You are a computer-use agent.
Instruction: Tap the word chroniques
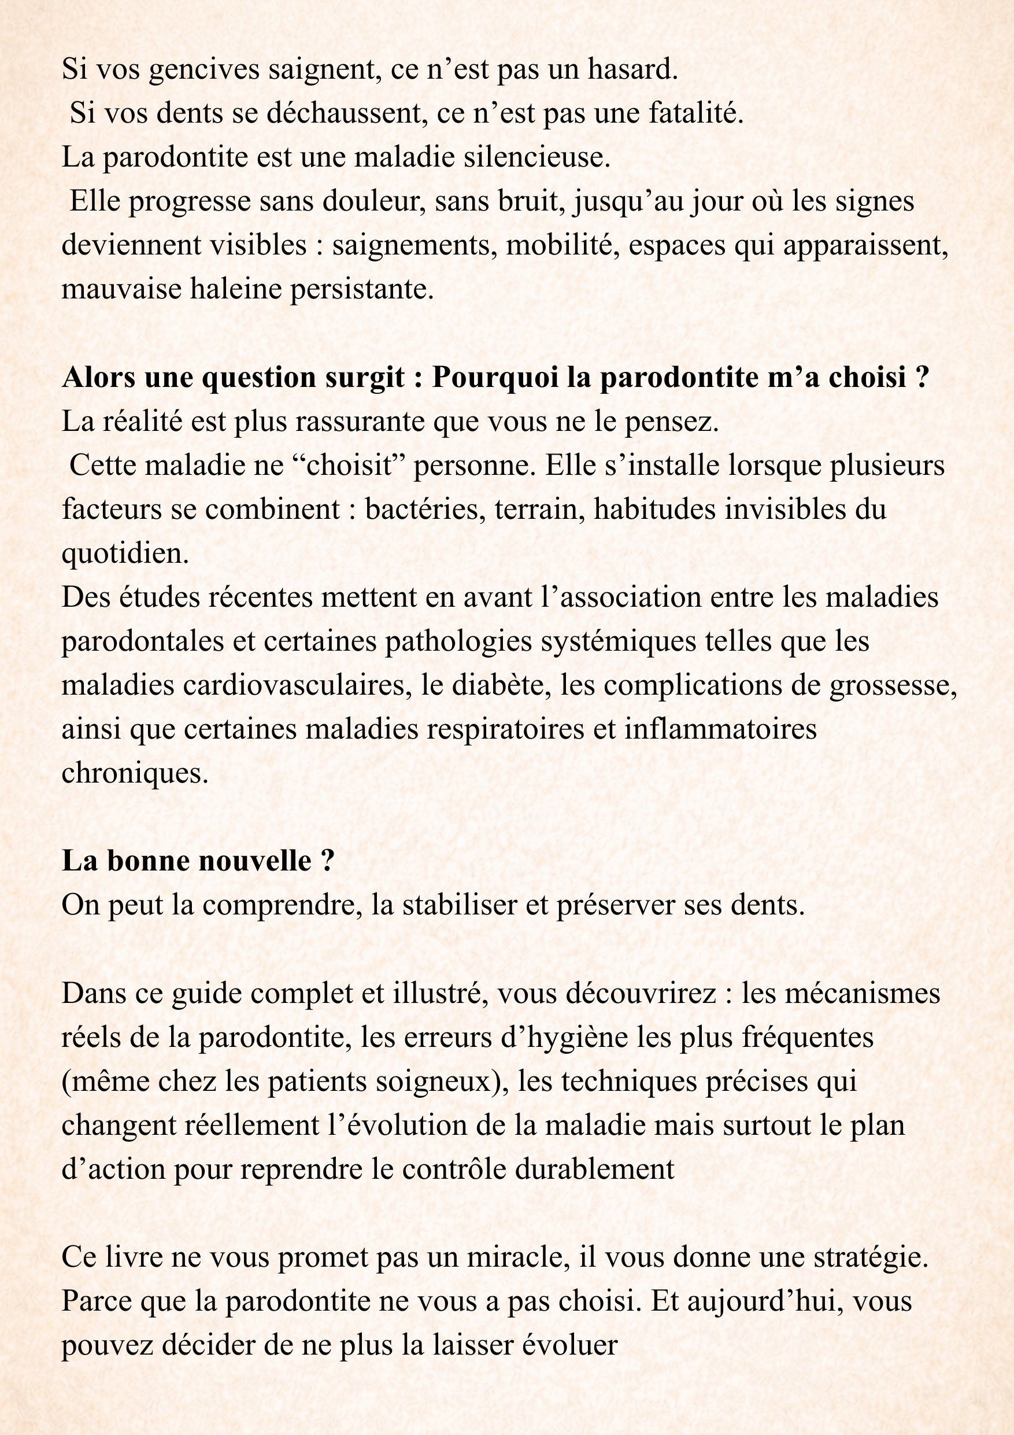pos(134,774)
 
